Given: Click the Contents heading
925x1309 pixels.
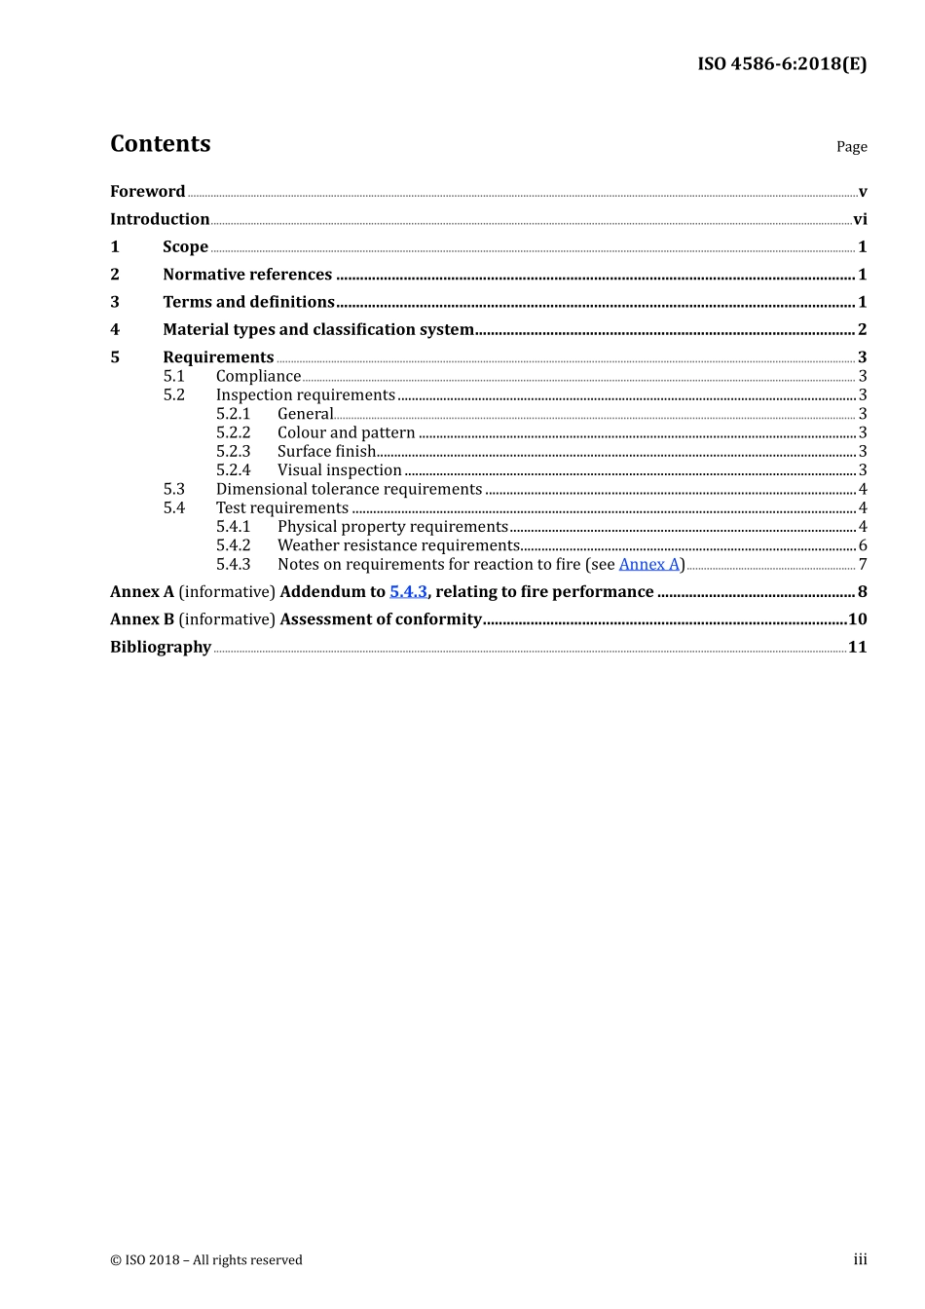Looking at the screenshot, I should pyautogui.click(x=160, y=144).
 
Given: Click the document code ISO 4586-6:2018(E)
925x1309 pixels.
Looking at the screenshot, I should pyautogui.click(x=781, y=64).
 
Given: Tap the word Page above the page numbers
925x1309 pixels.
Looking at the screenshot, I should pyautogui.click(x=851, y=147).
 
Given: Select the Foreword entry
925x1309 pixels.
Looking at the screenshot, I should pyautogui.click(x=147, y=192).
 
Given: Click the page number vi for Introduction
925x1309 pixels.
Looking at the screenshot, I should pyautogui.click(x=860, y=219).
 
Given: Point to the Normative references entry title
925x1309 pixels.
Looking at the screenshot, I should pyautogui.click(x=247, y=275).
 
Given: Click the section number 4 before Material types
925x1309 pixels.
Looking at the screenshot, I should pyautogui.click(x=115, y=329).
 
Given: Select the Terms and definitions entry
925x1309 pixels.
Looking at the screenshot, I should pyautogui.click(x=248, y=302).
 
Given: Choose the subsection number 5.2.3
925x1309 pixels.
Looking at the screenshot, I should pyautogui.click(x=233, y=451).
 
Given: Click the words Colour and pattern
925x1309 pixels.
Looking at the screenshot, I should pyautogui.click(x=346, y=432).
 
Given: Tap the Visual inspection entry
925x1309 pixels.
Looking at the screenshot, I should pyautogui.click(x=339, y=470).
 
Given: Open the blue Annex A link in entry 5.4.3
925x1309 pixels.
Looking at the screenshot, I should pyautogui.click(x=648, y=565).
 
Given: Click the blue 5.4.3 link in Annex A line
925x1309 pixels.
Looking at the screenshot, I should pyautogui.click(x=408, y=592).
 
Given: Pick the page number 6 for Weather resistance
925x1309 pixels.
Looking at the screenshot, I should pyautogui.click(x=863, y=545).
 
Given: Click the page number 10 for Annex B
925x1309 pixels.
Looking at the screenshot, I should pyautogui.click(x=857, y=619).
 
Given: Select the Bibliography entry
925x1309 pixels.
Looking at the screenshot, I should pyautogui.click(x=161, y=648).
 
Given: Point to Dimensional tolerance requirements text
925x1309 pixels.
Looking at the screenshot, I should pyautogui.click(x=349, y=489).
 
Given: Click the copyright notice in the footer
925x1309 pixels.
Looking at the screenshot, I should pyautogui.click(x=206, y=1260).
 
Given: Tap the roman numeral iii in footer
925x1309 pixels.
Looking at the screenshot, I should pyautogui.click(x=860, y=1259).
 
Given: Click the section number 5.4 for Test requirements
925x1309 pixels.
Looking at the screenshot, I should pyautogui.click(x=173, y=508).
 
